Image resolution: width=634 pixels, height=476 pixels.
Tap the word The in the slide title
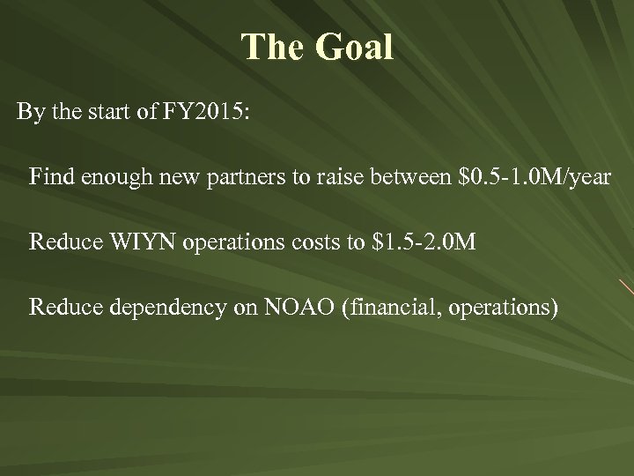pyautogui.click(x=272, y=48)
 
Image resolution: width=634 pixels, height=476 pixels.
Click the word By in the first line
pyautogui.click(x=29, y=115)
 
